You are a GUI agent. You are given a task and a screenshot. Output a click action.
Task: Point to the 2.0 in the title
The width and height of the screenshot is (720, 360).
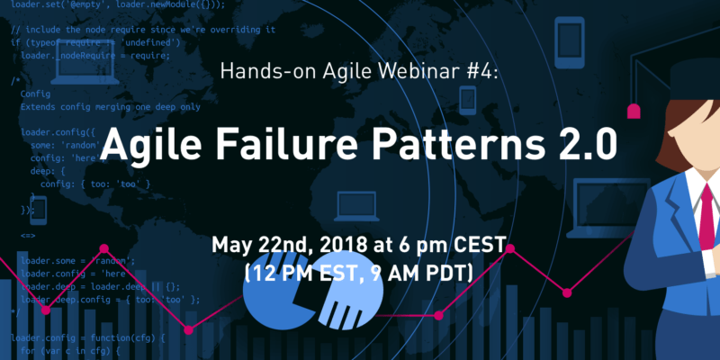(x=554, y=145)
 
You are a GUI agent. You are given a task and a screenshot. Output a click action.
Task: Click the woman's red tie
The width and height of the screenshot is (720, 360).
(x=708, y=207)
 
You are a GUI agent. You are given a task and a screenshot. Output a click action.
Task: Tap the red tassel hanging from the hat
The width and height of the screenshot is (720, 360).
(x=634, y=112)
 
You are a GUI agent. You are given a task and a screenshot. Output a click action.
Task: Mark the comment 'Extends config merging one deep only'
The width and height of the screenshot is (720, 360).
(x=109, y=107)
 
